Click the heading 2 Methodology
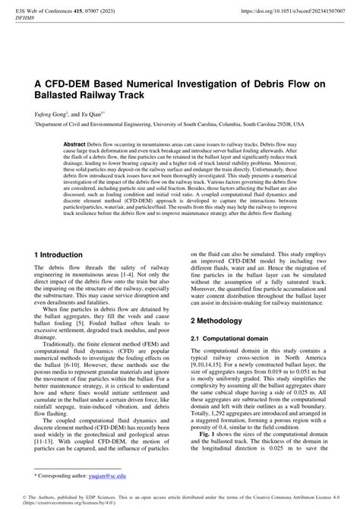[223, 321]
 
